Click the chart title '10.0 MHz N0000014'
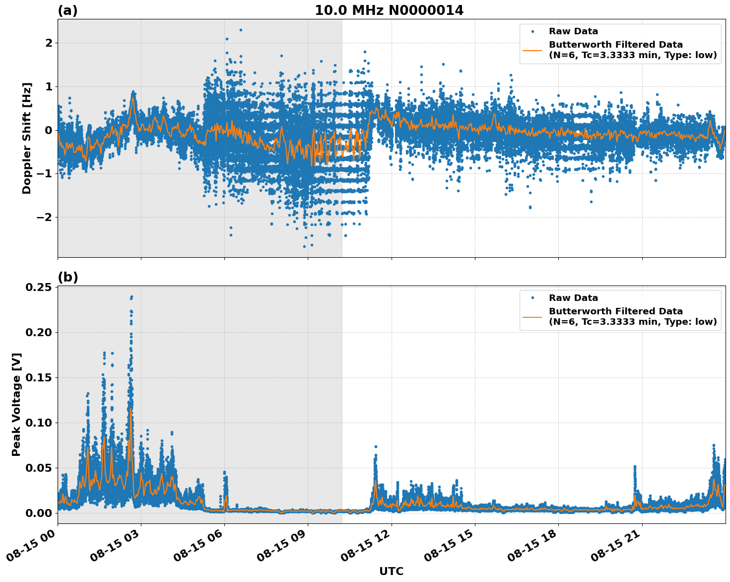(x=389, y=10)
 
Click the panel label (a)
(x=67, y=10)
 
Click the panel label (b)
(x=67, y=277)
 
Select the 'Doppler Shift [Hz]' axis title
(x=27, y=138)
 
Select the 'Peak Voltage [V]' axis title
(x=16, y=404)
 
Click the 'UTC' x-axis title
(x=391, y=571)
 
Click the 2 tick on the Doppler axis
(x=49, y=43)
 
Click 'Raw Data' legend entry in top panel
(x=573, y=31)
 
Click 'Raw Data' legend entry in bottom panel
(x=573, y=298)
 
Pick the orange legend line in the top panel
(x=532, y=50)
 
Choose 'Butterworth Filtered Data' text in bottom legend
(x=615, y=311)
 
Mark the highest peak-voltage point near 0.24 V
(x=132, y=297)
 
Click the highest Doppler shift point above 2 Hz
(x=241, y=30)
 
